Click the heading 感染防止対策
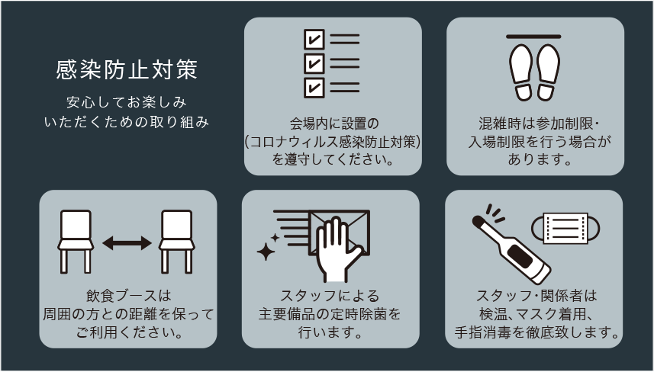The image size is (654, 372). click(x=127, y=69)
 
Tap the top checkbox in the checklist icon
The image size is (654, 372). click(x=314, y=40)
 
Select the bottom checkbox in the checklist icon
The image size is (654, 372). click(x=314, y=88)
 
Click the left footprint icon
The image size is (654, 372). click(x=521, y=72)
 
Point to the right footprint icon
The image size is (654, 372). click(x=548, y=72)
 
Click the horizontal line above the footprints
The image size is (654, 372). click(x=533, y=37)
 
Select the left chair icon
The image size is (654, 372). click(x=76, y=242)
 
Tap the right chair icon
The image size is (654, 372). click(x=177, y=242)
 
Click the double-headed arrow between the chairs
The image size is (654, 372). click(x=127, y=243)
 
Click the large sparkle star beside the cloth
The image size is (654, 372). click(x=266, y=252)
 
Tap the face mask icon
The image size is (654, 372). click(x=565, y=228)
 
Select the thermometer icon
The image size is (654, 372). click(x=511, y=249)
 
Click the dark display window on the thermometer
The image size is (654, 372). click(x=520, y=257)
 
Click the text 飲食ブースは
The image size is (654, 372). click(x=128, y=296)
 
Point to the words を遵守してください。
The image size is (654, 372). click(x=333, y=159)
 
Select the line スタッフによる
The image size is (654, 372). click(x=330, y=296)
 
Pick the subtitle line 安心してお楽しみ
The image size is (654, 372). click(x=127, y=102)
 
